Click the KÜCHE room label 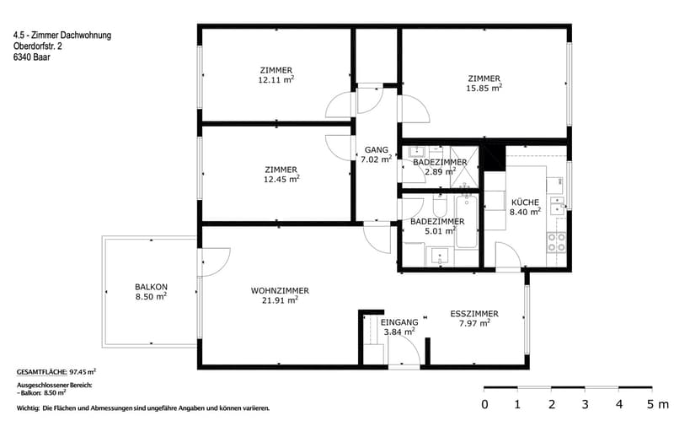pos(525,202)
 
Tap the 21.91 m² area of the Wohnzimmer pos(280,300)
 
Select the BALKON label pos(151,287)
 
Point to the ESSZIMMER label pos(474,314)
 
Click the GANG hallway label pos(376,150)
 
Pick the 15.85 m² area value pos(484,88)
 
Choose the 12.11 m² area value pos(276,79)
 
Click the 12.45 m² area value pos(281,179)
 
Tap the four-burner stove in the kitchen pos(556,242)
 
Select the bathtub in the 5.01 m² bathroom pos(467,221)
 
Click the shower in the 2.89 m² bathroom pos(464,166)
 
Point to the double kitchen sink pos(558,206)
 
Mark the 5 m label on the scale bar pos(658,404)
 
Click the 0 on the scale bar pos(485,404)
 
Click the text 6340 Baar pos(31,57)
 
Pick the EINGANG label pos(399,322)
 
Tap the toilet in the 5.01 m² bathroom pos(440,206)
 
